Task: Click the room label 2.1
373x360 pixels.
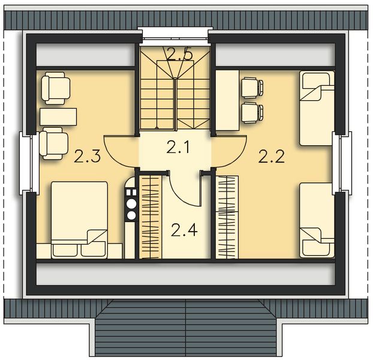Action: point(177,146)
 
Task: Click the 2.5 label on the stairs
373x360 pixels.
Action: point(179,55)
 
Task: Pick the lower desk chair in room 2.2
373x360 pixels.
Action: point(251,112)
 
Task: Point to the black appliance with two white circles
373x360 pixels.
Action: point(130,204)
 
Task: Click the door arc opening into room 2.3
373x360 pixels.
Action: point(121,151)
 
